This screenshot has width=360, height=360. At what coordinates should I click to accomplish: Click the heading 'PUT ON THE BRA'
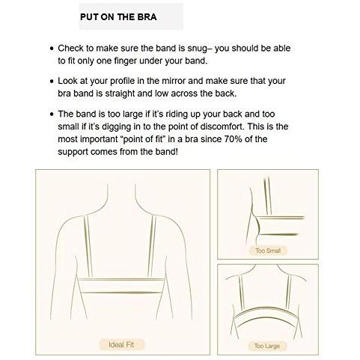(x=118, y=17)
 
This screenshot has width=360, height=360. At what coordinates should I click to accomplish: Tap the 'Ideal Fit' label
(x=121, y=344)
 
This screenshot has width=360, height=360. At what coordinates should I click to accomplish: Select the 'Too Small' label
(x=268, y=251)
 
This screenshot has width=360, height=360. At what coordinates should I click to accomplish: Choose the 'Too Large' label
(x=267, y=346)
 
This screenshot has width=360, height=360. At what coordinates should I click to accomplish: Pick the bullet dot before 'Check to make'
(x=52, y=49)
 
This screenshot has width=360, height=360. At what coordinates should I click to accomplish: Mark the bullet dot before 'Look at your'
(x=52, y=82)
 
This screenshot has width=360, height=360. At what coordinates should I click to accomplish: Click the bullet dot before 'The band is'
(x=52, y=115)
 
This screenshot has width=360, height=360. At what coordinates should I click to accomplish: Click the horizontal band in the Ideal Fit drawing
(x=121, y=285)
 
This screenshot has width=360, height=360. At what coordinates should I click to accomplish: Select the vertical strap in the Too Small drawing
(x=267, y=196)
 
